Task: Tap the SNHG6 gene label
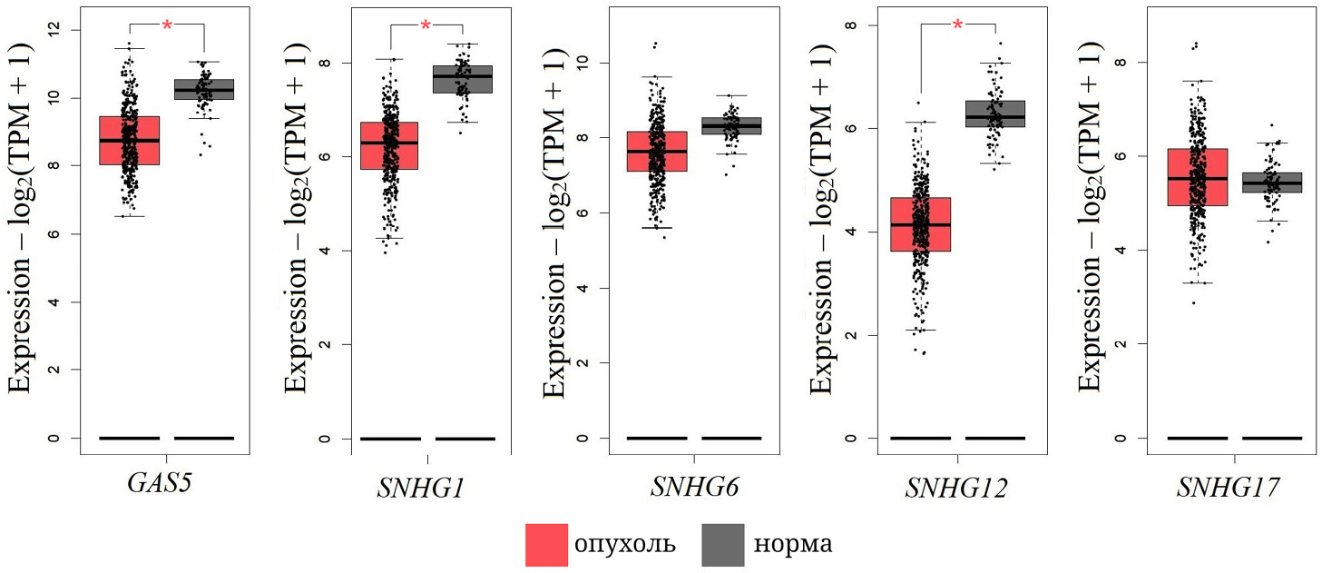click(694, 488)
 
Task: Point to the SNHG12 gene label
click(957, 488)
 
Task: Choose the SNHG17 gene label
click(1229, 488)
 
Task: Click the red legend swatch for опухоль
click(547, 544)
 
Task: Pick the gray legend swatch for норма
click(723, 544)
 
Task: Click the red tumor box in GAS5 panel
click(130, 140)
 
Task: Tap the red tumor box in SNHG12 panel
click(920, 224)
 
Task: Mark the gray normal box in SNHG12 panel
click(995, 114)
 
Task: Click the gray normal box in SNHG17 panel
click(1272, 182)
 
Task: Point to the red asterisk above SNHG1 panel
click(426, 26)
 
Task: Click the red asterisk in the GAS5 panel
click(167, 26)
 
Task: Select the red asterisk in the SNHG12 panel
click(957, 25)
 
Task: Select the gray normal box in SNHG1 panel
click(463, 79)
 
